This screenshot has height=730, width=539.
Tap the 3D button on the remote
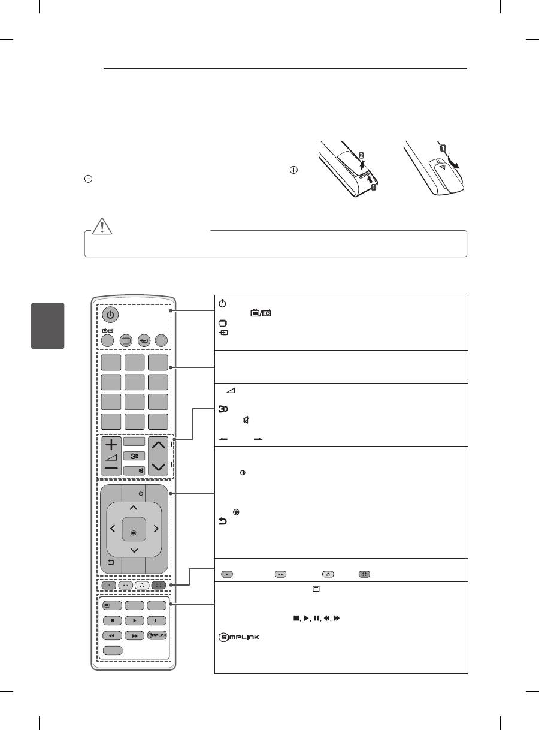[134, 455]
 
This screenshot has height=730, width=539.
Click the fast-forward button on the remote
[134, 635]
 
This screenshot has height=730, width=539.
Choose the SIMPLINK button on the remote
[157, 635]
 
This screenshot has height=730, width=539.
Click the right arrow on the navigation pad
[155, 529]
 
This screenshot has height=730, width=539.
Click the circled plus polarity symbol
[294, 170]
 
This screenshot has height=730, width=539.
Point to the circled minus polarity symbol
[87, 179]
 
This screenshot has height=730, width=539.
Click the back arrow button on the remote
[111, 562]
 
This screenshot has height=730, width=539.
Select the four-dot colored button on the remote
[159, 584]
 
